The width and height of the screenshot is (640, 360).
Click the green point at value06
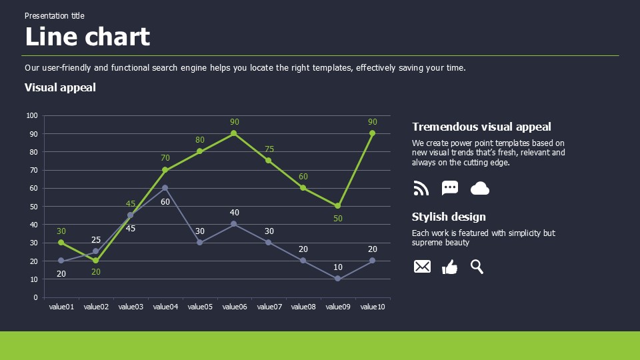(x=233, y=133)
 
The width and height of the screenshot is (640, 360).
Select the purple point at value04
(x=165, y=188)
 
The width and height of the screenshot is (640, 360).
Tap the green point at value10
(x=372, y=133)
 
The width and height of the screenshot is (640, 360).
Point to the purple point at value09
(x=337, y=279)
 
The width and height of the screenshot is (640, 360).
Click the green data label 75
(x=269, y=149)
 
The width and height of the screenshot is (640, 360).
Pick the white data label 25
(x=96, y=240)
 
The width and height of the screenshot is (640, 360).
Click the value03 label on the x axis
(x=131, y=307)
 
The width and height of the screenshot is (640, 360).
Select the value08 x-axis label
(x=303, y=307)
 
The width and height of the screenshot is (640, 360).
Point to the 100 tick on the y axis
(x=32, y=115)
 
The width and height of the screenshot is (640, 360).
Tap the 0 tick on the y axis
(x=35, y=297)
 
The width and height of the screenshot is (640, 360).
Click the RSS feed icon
(x=421, y=189)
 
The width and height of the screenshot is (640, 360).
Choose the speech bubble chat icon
(x=450, y=189)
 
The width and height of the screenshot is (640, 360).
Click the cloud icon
(x=480, y=189)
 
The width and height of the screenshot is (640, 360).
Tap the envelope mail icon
(x=422, y=267)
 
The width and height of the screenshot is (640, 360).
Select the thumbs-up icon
(x=450, y=267)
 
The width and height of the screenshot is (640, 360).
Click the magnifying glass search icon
(x=477, y=267)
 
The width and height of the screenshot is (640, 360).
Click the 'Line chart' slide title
(x=87, y=37)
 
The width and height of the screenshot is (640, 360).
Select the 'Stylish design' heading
(x=449, y=217)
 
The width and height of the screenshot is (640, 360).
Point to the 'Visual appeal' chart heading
(x=60, y=87)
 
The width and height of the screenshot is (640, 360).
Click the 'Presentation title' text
(x=55, y=16)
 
